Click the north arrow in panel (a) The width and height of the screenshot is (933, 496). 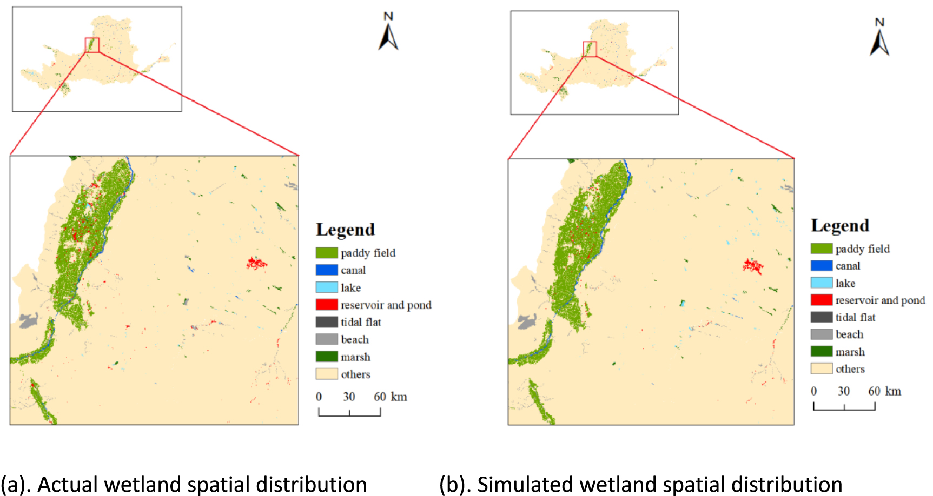point(388,33)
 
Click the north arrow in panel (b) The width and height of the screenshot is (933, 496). point(879,39)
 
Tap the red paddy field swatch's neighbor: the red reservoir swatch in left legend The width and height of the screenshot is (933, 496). point(327,305)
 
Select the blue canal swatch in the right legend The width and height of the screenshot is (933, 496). point(821,265)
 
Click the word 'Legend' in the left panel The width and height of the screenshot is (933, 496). point(345,230)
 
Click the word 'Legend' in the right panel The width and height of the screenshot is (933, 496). point(840,225)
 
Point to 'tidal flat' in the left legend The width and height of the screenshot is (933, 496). point(361,323)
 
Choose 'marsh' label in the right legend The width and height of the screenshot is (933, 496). point(850,352)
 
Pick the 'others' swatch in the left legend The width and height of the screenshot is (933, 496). point(327,374)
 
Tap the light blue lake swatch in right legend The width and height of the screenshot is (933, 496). point(821,283)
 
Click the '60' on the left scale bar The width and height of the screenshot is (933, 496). point(380,397)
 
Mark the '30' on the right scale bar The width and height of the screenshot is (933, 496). point(844,391)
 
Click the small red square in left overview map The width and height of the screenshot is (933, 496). point(92,45)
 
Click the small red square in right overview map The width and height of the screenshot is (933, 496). point(590,49)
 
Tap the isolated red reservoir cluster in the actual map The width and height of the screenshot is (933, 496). point(256,264)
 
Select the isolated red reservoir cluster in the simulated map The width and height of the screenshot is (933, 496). point(752,266)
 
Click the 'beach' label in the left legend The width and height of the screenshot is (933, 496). point(355,340)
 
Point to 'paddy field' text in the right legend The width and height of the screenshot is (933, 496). point(862,249)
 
